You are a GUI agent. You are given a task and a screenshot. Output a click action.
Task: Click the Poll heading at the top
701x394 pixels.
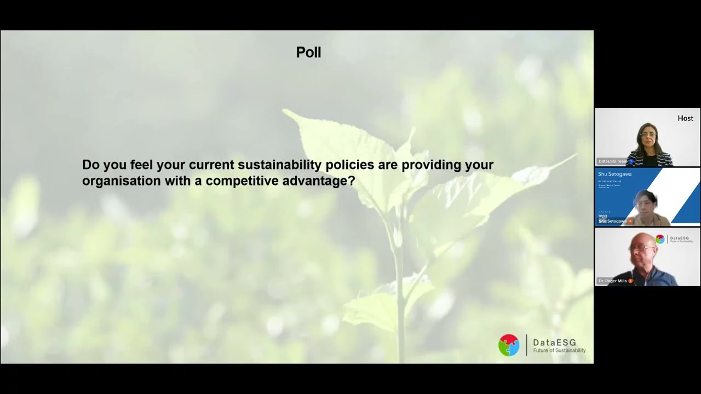[x=308, y=53]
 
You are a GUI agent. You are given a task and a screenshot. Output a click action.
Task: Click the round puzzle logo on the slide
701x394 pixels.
[x=509, y=345]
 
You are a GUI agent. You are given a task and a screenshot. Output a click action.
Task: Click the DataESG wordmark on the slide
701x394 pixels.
[x=554, y=343]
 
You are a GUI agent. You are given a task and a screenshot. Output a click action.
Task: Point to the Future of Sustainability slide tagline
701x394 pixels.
[x=559, y=351]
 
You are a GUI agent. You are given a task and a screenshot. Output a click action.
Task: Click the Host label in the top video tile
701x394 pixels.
[x=685, y=118]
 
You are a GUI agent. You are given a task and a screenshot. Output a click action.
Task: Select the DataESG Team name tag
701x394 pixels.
[x=613, y=161]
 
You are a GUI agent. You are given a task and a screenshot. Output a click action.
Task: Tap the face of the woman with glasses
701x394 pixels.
[x=648, y=135]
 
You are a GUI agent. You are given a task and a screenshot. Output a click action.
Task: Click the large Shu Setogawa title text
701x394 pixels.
[x=614, y=174]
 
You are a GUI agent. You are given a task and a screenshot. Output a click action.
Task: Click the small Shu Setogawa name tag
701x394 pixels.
[x=612, y=221]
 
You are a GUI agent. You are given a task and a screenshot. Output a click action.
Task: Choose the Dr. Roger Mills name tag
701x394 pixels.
[x=613, y=281]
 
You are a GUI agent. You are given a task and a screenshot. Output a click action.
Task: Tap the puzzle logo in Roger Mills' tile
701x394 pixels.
[x=660, y=239]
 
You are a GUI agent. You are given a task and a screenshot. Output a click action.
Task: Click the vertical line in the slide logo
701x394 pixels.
[x=526, y=345]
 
